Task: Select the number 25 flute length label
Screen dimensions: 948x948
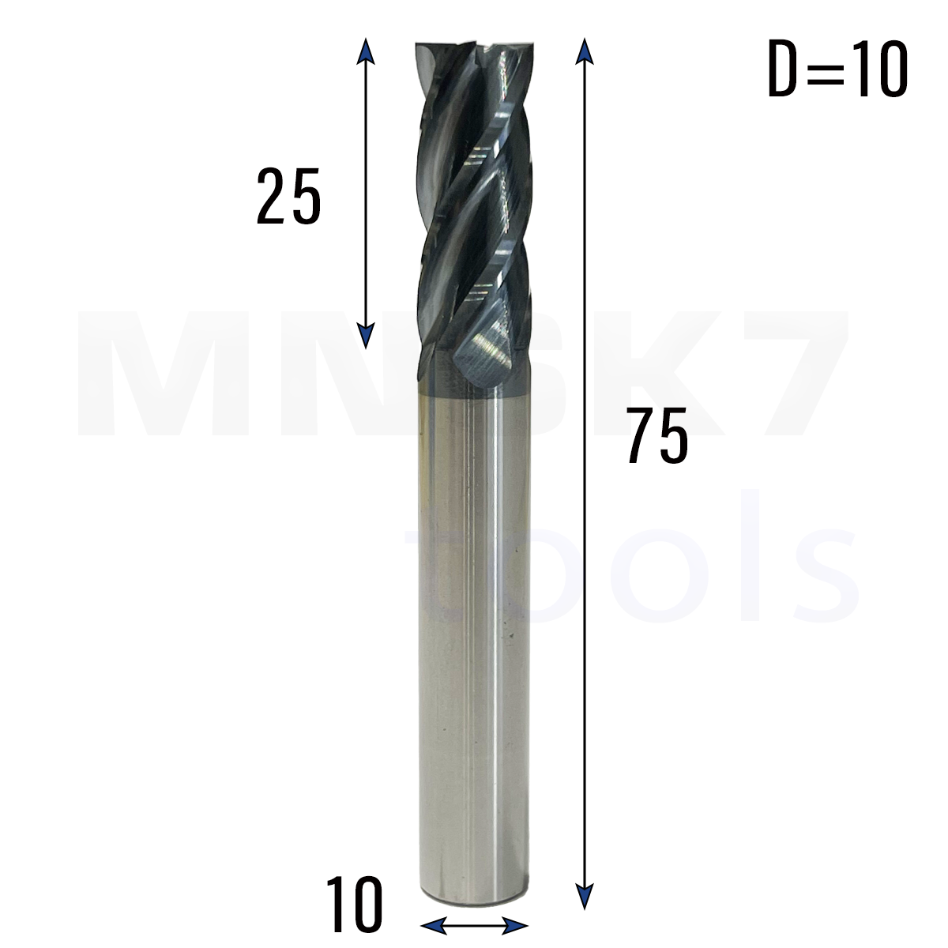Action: coord(289,196)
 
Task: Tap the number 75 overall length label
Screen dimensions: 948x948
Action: coord(657,436)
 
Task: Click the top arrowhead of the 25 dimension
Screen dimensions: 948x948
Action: coord(364,51)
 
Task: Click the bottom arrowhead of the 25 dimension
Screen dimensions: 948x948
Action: coord(364,336)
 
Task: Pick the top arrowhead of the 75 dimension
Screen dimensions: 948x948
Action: coord(584,51)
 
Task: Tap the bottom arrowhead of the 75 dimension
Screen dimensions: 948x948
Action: coord(584,897)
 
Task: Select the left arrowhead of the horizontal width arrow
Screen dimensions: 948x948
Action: coord(434,925)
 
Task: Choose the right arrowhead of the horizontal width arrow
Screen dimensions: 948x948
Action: coord(515,925)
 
